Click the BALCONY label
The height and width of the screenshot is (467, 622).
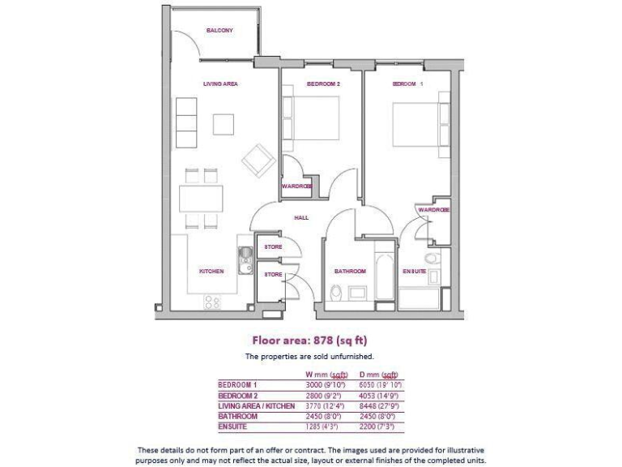click(x=219, y=30)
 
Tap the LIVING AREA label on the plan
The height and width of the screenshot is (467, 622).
click(x=219, y=84)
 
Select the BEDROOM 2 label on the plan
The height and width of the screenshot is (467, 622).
click(x=323, y=84)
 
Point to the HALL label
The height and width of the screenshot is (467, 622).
click(x=301, y=217)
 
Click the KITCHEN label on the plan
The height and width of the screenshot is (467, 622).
click(x=211, y=271)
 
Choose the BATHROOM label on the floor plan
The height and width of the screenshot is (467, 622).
click(x=350, y=271)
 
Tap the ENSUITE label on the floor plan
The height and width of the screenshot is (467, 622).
click(x=415, y=271)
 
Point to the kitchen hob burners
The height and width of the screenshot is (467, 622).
click(x=212, y=302)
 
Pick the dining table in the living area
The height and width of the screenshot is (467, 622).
click(x=201, y=198)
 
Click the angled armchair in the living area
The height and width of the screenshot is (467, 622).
click(x=259, y=160)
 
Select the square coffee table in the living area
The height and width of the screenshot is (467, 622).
click(x=224, y=124)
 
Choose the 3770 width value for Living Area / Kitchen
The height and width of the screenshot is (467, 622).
click(x=317, y=405)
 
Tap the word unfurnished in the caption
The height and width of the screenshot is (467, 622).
click(x=352, y=356)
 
